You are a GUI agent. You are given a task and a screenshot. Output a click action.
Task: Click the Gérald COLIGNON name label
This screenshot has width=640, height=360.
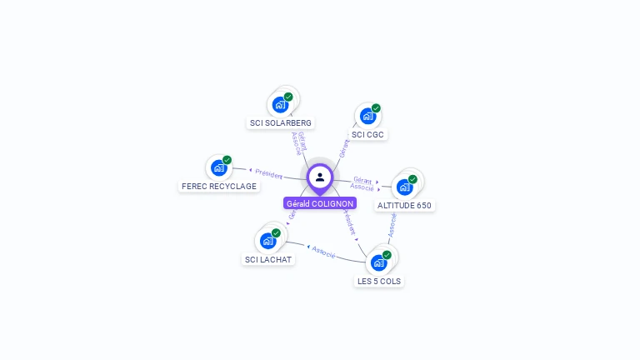click(320, 203)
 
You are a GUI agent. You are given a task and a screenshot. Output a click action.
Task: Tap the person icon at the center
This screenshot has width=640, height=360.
click(320, 177)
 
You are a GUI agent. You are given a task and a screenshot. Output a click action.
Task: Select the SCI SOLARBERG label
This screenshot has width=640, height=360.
click(281, 122)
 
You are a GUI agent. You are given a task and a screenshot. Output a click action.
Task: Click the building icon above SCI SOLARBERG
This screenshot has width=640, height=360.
click(280, 105)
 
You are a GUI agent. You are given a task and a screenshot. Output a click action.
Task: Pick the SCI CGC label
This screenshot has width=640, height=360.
click(367, 134)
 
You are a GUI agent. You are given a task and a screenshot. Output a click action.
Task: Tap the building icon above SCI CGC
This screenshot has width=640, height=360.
click(367, 117)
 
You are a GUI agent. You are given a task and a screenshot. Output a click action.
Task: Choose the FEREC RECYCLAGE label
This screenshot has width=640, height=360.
click(219, 186)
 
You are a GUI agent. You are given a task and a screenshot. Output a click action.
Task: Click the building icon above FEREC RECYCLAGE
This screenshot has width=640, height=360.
click(218, 167)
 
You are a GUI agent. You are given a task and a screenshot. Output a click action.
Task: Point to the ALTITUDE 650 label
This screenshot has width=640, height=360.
click(405, 205)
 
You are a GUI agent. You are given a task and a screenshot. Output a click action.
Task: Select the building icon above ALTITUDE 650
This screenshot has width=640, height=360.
click(405, 187)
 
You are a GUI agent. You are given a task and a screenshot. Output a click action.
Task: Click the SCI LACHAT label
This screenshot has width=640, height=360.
click(268, 259)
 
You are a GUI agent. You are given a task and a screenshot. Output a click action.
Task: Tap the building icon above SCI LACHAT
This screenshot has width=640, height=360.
click(267, 241)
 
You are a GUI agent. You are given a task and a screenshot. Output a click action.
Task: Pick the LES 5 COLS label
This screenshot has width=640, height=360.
click(379, 281)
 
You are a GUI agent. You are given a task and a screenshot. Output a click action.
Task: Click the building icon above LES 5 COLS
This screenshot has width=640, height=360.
click(379, 262)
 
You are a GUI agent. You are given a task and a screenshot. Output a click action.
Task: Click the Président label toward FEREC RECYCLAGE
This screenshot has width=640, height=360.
click(269, 173)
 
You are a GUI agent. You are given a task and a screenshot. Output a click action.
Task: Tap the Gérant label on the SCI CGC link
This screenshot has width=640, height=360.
click(345, 148)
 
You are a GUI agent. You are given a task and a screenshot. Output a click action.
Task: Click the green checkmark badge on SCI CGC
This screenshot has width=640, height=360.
click(376, 108)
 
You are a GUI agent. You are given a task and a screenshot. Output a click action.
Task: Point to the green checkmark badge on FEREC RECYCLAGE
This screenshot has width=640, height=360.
click(227, 160)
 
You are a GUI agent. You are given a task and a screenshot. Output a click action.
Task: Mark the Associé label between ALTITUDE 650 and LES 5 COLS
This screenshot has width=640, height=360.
click(392, 224)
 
